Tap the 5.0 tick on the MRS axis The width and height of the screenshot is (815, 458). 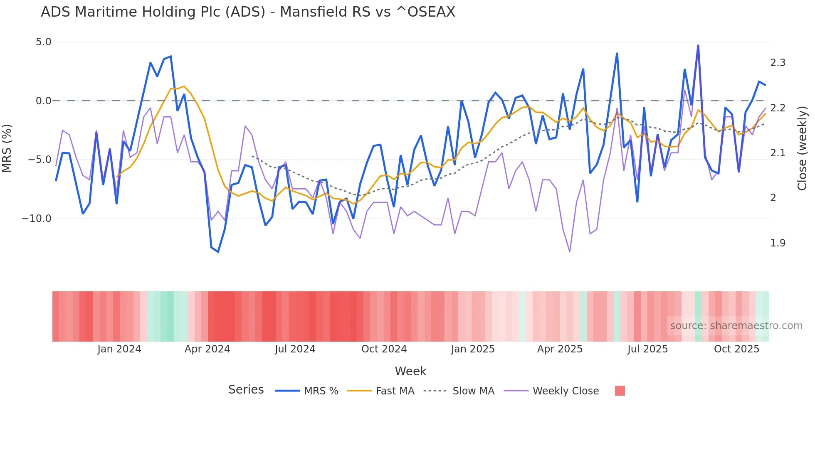click(43, 42)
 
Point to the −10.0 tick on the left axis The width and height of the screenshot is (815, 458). click(37, 219)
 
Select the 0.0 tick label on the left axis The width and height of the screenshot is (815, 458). click(43, 101)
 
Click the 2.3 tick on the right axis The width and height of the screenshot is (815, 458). click(778, 63)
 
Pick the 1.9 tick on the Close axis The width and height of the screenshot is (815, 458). click(778, 243)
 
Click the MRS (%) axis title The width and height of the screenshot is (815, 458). click(7, 148)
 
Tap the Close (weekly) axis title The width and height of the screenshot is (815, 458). click(802, 148)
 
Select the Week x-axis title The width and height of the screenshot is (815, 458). click(410, 371)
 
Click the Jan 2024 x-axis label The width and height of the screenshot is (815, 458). click(119, 349)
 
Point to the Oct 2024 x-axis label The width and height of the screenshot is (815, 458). click(384, 349)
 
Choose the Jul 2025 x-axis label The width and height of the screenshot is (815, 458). click(647, 349)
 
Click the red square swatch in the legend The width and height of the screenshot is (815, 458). click(620, 391)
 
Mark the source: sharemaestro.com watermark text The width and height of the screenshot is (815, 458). click(736, 326)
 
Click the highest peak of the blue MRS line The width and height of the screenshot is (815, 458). click(698, 45)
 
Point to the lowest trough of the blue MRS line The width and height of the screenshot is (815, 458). click(218, 252)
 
